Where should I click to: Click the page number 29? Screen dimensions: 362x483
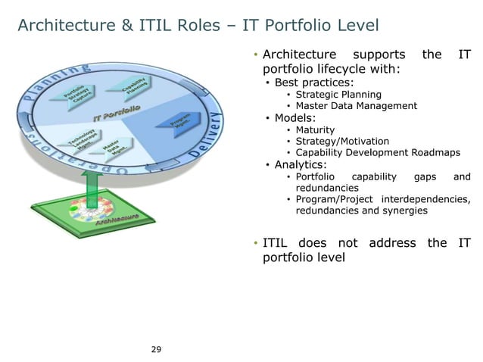pos(156,349)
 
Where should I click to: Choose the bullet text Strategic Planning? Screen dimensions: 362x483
pos(338,95)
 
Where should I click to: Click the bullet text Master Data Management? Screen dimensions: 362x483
pos(356,106)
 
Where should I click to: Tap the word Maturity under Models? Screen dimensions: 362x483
pos(316,130)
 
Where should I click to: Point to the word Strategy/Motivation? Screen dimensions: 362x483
pos(342,141)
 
